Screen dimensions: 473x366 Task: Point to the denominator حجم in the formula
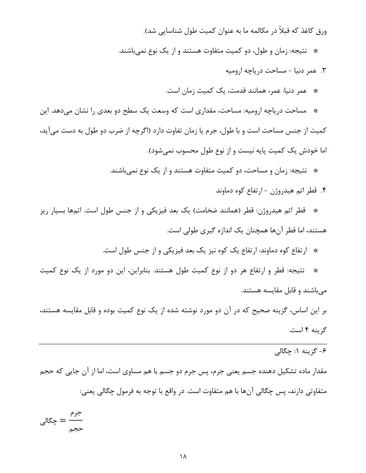[76, 429]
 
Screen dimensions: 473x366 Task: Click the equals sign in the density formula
[62, 421]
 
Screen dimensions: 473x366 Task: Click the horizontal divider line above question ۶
[183, 344]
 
